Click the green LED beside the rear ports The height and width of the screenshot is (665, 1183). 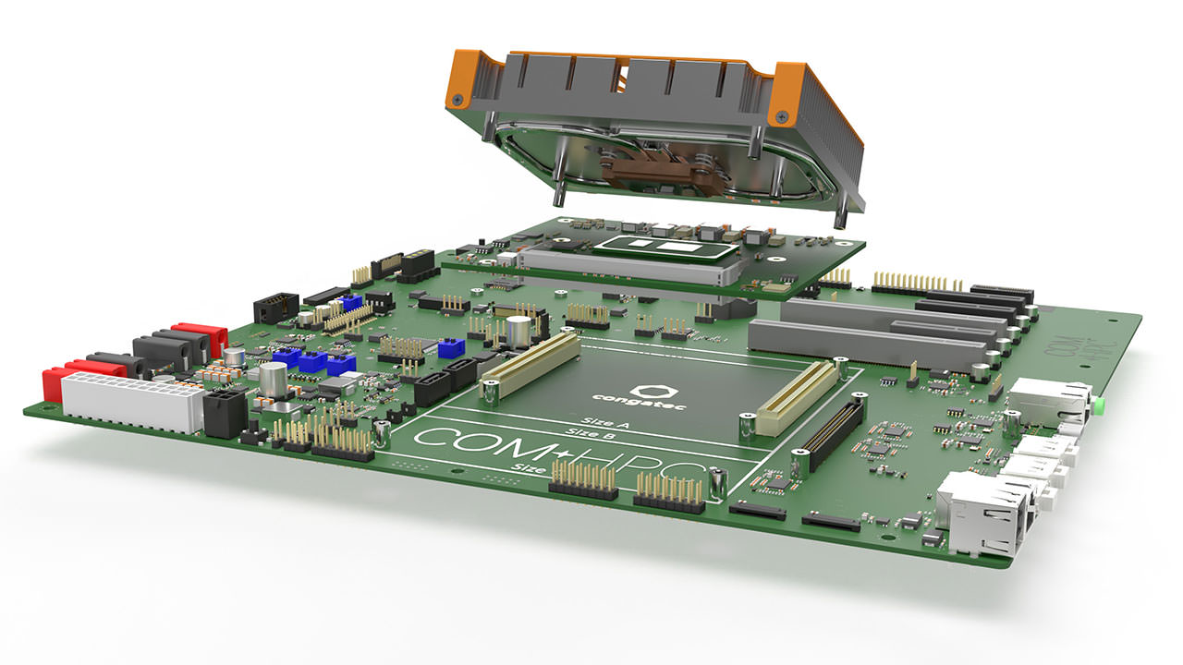1100,405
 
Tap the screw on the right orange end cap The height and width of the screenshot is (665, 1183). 782,116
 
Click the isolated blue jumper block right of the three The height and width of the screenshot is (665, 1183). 451,348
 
